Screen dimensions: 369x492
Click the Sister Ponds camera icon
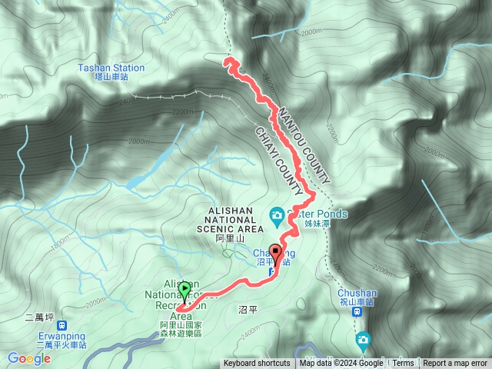pos(276,214)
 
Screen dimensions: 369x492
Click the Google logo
pos(29,358)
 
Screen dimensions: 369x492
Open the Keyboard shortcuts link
pos(257,364)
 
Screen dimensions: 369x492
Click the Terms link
pos(404,364)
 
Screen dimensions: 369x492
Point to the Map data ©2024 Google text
pos(341,364)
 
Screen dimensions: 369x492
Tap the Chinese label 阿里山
pos(230,239)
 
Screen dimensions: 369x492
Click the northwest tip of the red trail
pos(226,61)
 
